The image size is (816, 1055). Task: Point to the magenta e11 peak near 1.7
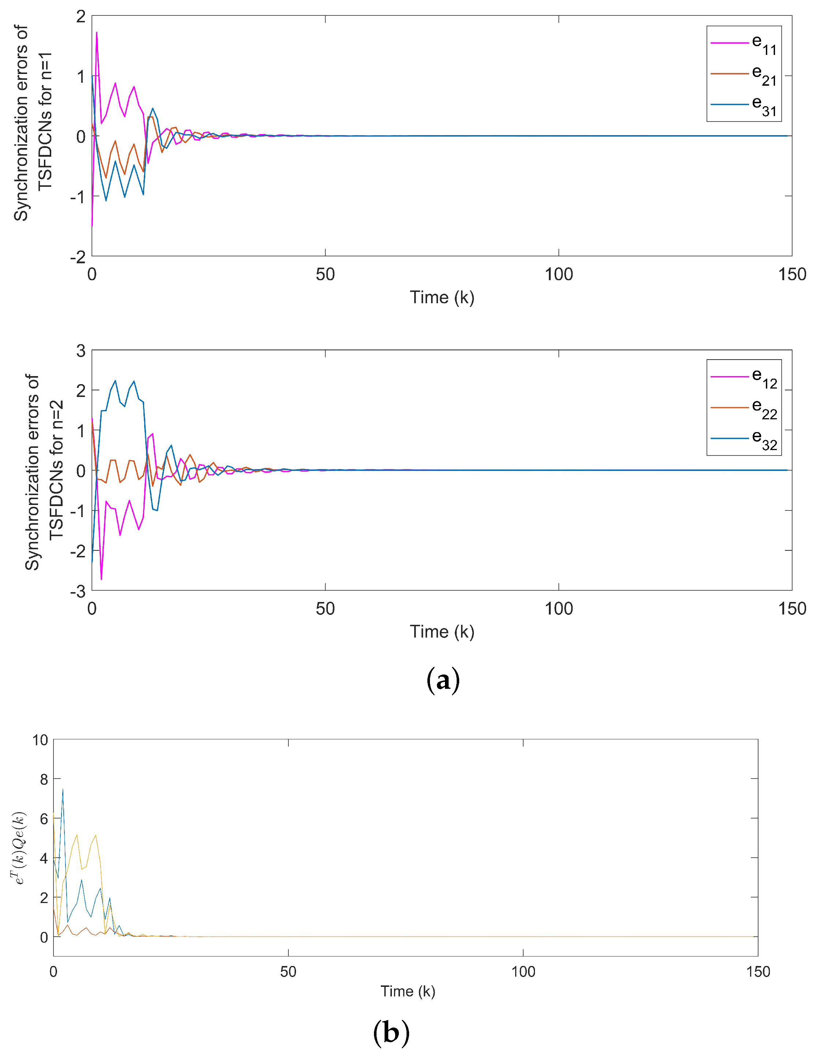click(97, 33)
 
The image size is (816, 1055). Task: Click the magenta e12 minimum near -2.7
click(101, 579)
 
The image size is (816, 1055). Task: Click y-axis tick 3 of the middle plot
click(81, 351)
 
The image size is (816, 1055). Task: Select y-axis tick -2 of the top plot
click(78, 257)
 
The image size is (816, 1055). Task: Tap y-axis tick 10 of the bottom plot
click(40, 740)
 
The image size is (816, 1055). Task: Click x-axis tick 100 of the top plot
click(559, 274)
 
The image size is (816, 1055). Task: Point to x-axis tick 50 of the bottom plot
click(288, 972)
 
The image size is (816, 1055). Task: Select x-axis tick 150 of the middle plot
click(792, 609)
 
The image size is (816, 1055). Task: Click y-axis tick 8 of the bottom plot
click(44, 779)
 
